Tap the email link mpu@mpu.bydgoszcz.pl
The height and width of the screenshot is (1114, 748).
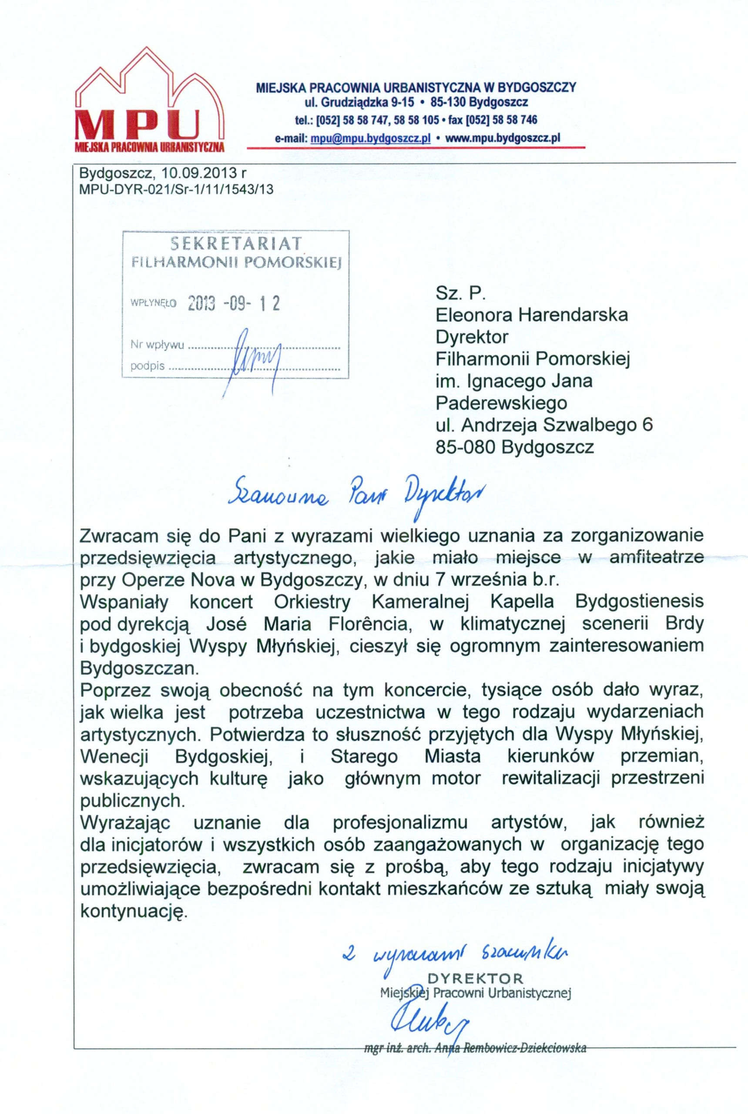coord(370,138)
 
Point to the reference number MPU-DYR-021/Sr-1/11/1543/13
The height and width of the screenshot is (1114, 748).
coord(177,189)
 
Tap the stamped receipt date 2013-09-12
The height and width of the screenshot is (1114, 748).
coord(234,303)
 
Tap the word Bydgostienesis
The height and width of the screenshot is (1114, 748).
coord(640,602)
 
